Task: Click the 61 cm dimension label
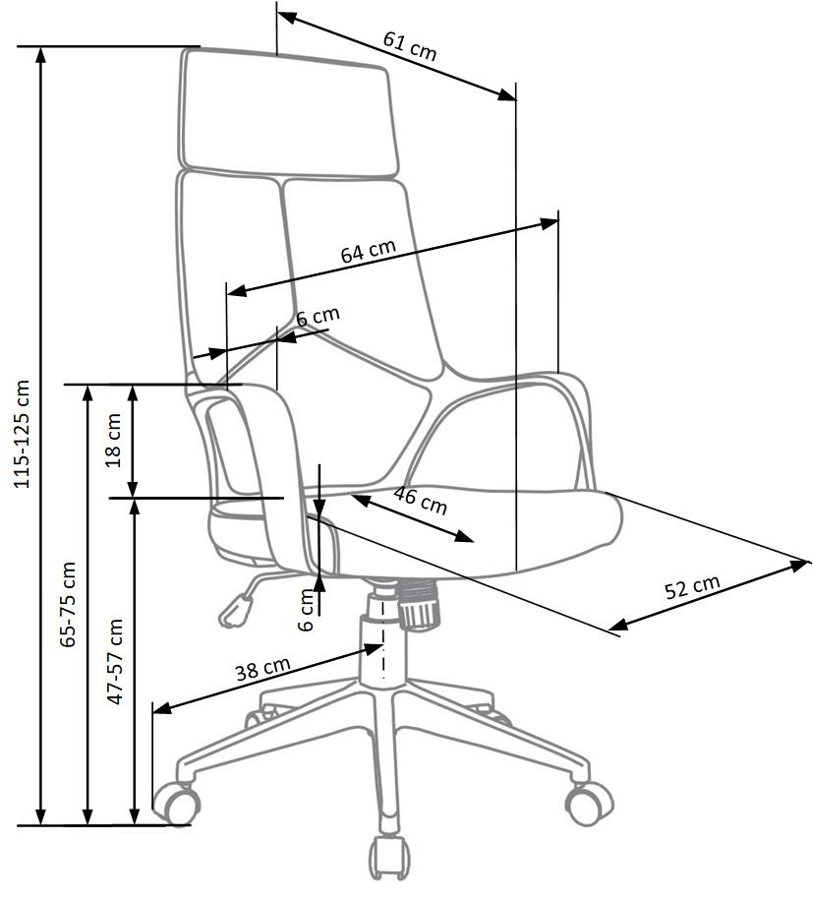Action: pos(409,46)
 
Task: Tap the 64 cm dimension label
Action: pos(369,251)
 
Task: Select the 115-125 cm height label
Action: pos(23,434)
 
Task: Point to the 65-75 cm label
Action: pos(68,603)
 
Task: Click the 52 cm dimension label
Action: pos(692,588)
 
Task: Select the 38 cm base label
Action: pos(262,670)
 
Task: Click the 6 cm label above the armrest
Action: pos(318,317)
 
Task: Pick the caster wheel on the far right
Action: pos(589,803)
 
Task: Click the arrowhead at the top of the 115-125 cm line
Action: pos(40,54)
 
